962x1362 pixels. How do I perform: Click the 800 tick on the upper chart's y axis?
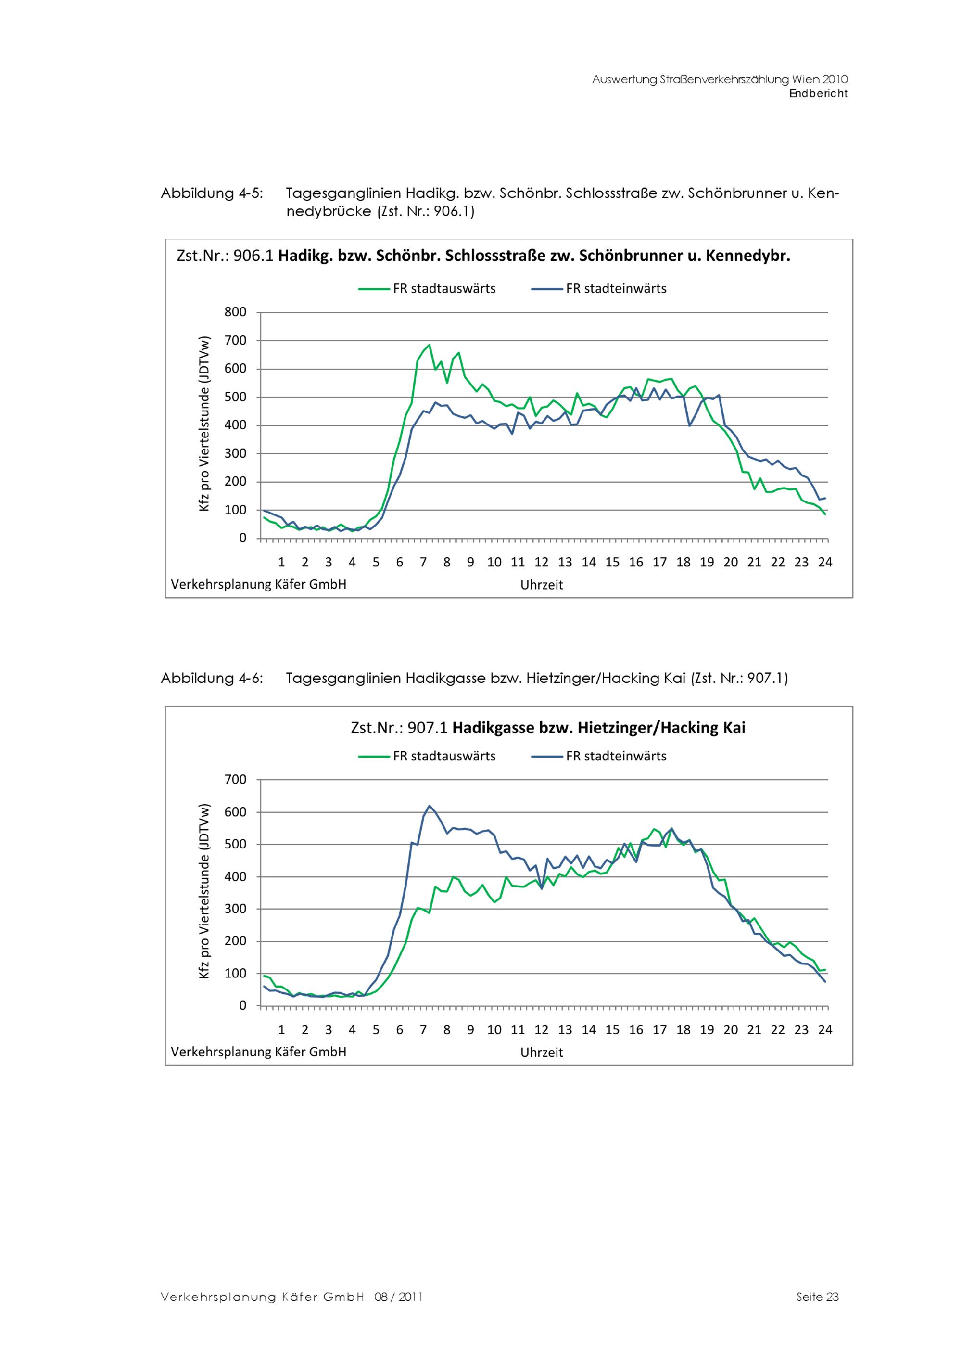click(235, 312)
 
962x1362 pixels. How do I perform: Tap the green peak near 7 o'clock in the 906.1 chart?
click(429, 345)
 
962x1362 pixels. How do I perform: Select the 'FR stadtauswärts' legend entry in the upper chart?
click(444, 289)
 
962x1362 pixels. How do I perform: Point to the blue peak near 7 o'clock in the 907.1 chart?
click(429, 806)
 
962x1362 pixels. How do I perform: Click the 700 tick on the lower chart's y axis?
click(235, 780)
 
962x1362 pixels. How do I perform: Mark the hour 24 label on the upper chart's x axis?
click(824, 562)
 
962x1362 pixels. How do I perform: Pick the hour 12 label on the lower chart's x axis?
click(541, 1030)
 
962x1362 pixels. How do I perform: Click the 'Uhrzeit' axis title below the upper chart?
click(541, 585)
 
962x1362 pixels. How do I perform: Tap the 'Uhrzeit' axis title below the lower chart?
click(541, 1053)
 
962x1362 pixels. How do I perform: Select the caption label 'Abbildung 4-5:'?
click(212, 193)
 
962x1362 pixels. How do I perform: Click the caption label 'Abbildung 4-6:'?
click(212, 678)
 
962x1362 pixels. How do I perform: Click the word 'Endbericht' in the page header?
click(818, 94)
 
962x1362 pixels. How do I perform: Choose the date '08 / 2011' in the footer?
click(398, 1297)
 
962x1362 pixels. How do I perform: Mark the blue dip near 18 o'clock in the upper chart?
click(689, 425)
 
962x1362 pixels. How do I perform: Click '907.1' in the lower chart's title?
click(427, 728)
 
